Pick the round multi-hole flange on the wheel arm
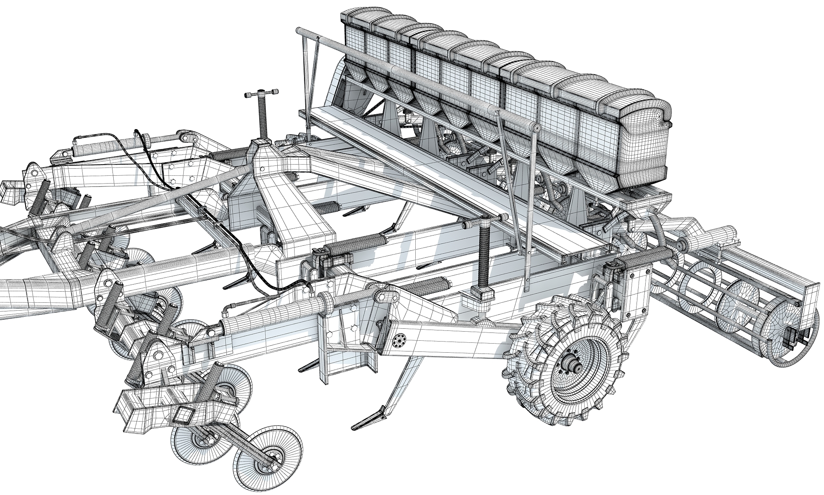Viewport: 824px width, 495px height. pyautogui.click(x=400, y=341)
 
